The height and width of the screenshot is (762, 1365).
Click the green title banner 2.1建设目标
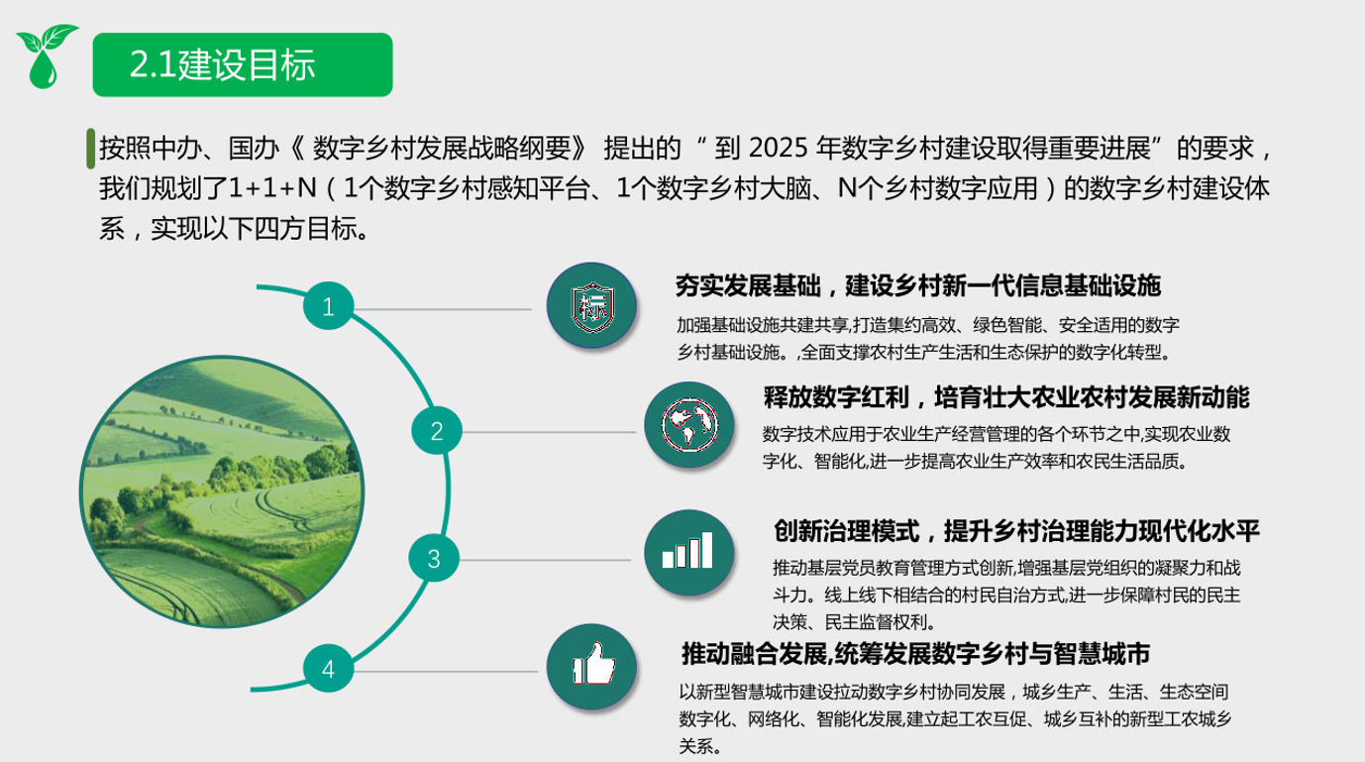click(x=243, y=64)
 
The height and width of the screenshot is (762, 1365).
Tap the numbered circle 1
click(x=328, y=306)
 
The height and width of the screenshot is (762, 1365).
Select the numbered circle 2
click(x=436, y=431)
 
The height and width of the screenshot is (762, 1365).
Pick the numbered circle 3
click(x=433, y=559)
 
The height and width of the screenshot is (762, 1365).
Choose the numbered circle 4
click(x=328, y=668)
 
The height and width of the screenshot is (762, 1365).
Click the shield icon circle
click(x=591, y=306)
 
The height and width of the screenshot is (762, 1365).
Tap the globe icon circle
click(x=688, y=425)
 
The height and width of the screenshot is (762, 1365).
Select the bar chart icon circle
click(x=688, y=552)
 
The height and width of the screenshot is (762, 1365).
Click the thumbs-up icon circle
click(x=591, y=667)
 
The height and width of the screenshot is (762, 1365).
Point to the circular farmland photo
click(x=222, y=491)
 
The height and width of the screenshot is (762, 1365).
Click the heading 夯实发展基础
click(x=748, y=286)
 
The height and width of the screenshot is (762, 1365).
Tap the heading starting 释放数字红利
click(x=1006, y=397)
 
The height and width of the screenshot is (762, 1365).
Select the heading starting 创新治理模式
click(x=1016, y=531)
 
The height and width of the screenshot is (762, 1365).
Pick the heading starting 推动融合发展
click(x=915, y=654)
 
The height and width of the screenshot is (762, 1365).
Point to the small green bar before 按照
click(x=91, y=148)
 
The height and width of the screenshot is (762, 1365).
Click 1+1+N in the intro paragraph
click(x=273, y=188)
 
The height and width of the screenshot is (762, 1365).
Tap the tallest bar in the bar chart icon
click(x=707, y=550)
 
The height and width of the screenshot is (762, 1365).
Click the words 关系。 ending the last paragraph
click(x=700, y=746)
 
